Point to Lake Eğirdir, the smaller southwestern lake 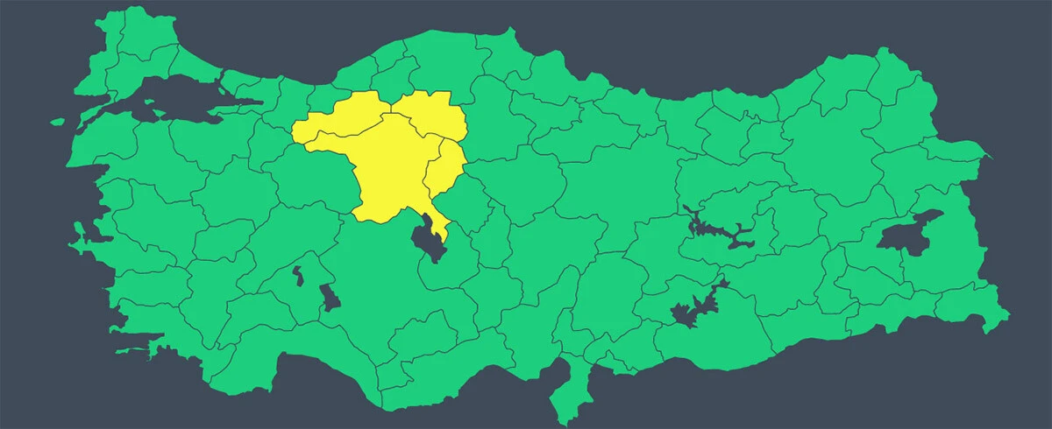(297, 276)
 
